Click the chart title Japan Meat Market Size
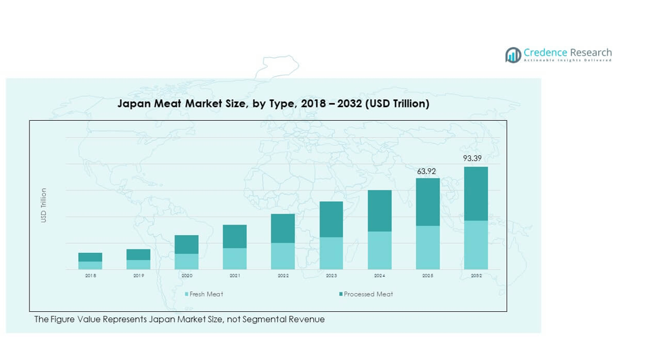click(x=273, y=104)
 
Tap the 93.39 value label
click(x=472, y=158)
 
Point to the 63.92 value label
click(x=427, y=171)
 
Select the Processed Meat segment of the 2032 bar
click(x=476, y=193)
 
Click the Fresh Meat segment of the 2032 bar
click(x=476, y=245)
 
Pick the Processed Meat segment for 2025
click(x=428, y=202)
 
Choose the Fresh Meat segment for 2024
click(x=380, y=250)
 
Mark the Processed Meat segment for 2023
click(x=331, y=219)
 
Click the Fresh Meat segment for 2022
click(x=283, y=256)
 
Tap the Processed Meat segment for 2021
click(x=235, y=236)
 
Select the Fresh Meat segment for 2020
click(x=186, y=261)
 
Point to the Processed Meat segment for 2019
click(x=138, y=255)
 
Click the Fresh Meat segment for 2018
click(x=90, y=265)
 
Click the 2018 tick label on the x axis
click(x=90, y=276)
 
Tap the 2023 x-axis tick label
click(x=331, y=276)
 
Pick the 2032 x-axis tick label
click(x=476, y=276)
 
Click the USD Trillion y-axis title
click(x=44, y=205)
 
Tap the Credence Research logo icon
click(x=513, y=55)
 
